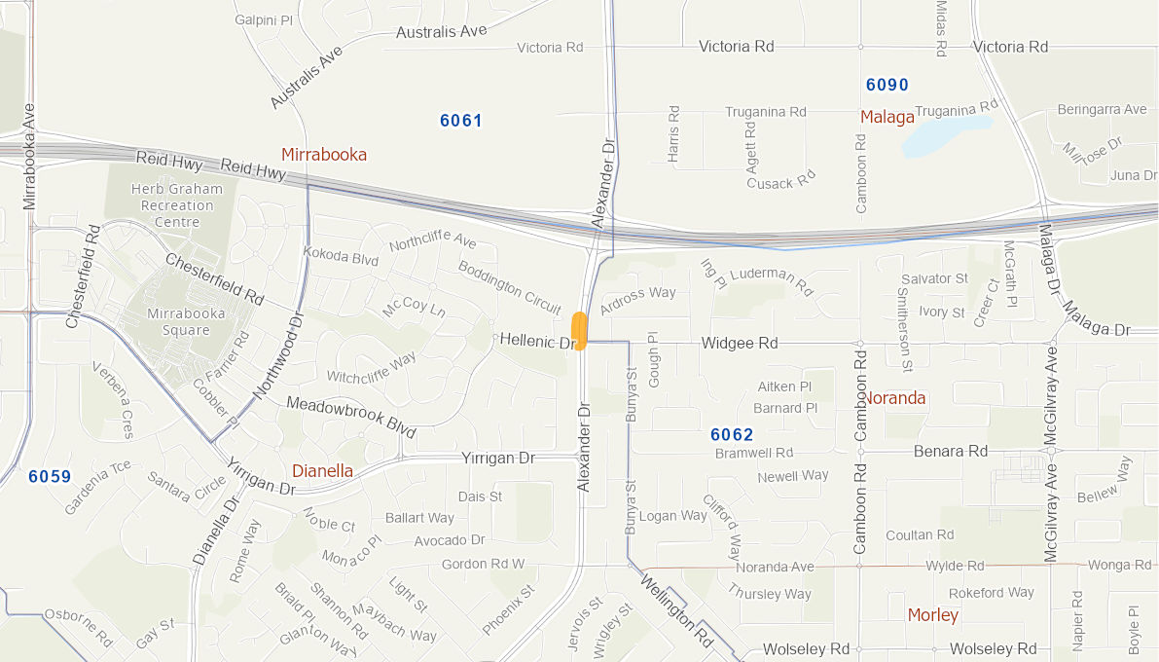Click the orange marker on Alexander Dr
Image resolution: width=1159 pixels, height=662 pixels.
(x=580, y=330)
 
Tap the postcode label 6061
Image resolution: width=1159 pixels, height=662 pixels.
(x=461, y=121)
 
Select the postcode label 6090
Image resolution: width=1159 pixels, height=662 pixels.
(x=887, y=85)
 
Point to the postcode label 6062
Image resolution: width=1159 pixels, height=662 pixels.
(x=732, y=434)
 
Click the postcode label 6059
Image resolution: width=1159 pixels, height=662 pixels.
(x=50, y=476)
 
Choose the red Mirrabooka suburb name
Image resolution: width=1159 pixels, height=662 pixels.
(x=324, y=155)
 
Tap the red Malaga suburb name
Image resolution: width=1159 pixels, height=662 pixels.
(x=887, y=118)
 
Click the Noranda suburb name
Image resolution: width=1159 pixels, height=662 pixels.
(x=894, y=398)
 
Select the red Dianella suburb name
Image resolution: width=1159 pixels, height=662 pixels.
(x=322, y=471)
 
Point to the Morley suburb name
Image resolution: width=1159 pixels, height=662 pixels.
(x=932, y=615)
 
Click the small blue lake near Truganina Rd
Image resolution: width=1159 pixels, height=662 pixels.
(x=944, y=136)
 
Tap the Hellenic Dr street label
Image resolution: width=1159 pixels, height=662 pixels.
(x=538, y=342)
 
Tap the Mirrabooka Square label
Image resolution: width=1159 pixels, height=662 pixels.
(x=186, y=321)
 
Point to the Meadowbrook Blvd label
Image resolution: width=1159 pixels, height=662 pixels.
(x=351, y=417)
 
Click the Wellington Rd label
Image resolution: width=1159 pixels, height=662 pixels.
(x=676, y=611)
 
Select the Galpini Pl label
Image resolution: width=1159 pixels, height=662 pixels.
(x=264, y=19)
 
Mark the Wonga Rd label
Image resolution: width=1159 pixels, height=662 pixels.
(x=1120, y=565)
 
